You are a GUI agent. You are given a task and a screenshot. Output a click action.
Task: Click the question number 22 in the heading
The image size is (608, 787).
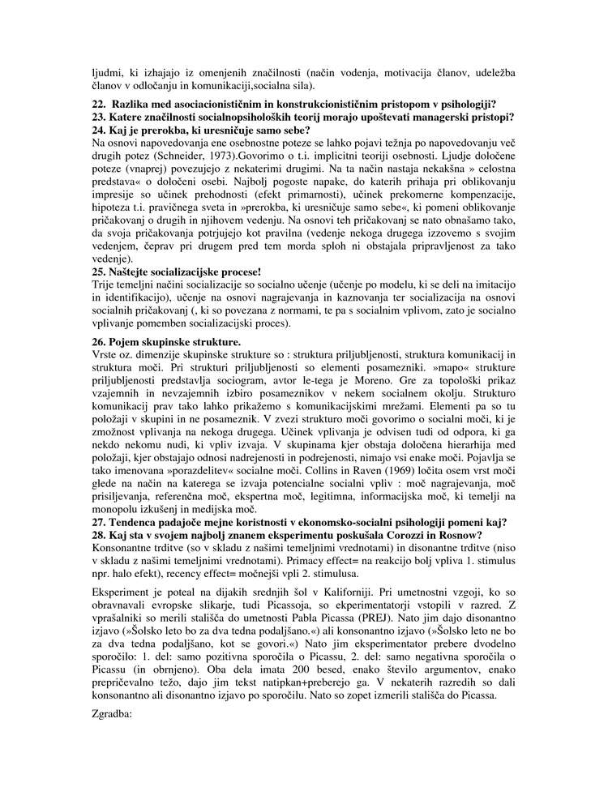(x=98, y=103)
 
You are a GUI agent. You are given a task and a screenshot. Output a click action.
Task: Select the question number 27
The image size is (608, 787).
(x=98, y=521)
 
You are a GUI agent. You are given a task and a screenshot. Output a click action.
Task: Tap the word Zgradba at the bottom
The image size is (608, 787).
(x=112, y=715)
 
